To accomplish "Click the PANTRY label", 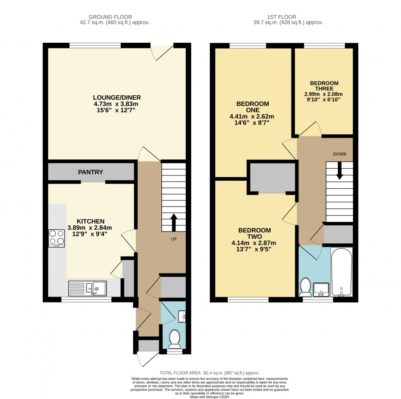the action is pos(90,172).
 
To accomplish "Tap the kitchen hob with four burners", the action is pos(57,238).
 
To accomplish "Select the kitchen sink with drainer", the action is pos(87,288).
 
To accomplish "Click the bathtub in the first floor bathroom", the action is pos(342,272).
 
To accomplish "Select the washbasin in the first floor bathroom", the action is pos(321,289).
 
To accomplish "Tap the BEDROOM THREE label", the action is pos(324,86).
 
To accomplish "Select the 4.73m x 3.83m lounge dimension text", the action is pos(116,104).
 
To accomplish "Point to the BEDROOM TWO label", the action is pos(254,233).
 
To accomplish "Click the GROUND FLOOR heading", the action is pos(110,17).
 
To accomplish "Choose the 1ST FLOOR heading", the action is pos(282,17).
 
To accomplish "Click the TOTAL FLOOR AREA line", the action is pos(209,373).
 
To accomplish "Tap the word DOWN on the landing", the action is pos(340,154).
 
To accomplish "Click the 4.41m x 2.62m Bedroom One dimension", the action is pos(252,117).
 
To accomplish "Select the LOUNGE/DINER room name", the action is pos(117,98).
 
